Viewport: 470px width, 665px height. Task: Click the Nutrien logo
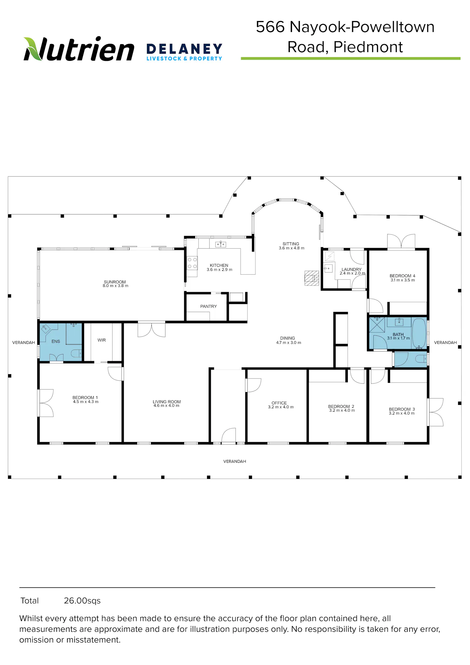pyautogui.click(x=79, y=49)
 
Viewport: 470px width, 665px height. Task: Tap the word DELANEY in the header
pyautogui.click(x=184, y=49)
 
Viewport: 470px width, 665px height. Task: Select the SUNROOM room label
pyautogui.click(x=115, y=282)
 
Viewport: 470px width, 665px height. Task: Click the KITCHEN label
pyautogui.click(x=219, y=265)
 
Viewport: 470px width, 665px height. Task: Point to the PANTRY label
pyautogui.click(x=208, y=306)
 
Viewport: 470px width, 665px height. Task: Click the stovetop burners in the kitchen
pyautogui.click(x=192, y=263)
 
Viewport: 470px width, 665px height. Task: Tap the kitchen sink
pyautogui.click(x=221, y=244)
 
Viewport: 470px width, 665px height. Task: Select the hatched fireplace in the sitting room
pyautogui.click(x=312, y=278)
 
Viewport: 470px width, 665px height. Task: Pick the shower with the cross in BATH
pyautogui.click(x=377, y=325)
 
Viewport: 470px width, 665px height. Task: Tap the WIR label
pyautogui.click(x=102, y=340)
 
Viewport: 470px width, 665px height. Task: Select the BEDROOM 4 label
pyautogui.click(x=402, y=276)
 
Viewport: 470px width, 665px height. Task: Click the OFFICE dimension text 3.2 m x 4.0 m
pyautogui.click(x=281, y=407)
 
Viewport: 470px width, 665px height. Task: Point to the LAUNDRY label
pyautogui.click(x=352, y=269)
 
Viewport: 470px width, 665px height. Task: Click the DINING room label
pyautogui.click(x=288, y=338)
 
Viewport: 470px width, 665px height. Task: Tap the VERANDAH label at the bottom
pyautogui.click(x=235, y=461)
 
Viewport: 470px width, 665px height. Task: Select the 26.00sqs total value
pyautogui.click(x=82, y=601)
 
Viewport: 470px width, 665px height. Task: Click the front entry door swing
pyautogui.click(x=229, y=435)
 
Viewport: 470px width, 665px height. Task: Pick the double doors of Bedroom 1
pyautogui.click(x=46, y=403)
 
